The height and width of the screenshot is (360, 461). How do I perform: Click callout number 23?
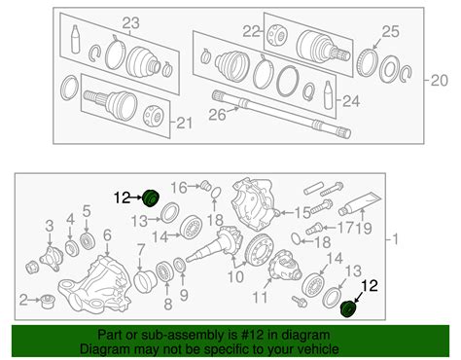(x=130, y=22)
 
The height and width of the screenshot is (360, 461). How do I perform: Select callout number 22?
(x=252, y=31)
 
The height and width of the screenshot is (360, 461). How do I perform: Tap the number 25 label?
(x=389, y=33)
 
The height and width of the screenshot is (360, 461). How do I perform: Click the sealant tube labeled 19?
(x=365, y=206)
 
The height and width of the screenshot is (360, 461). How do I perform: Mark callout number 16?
(x=178, y=186)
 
